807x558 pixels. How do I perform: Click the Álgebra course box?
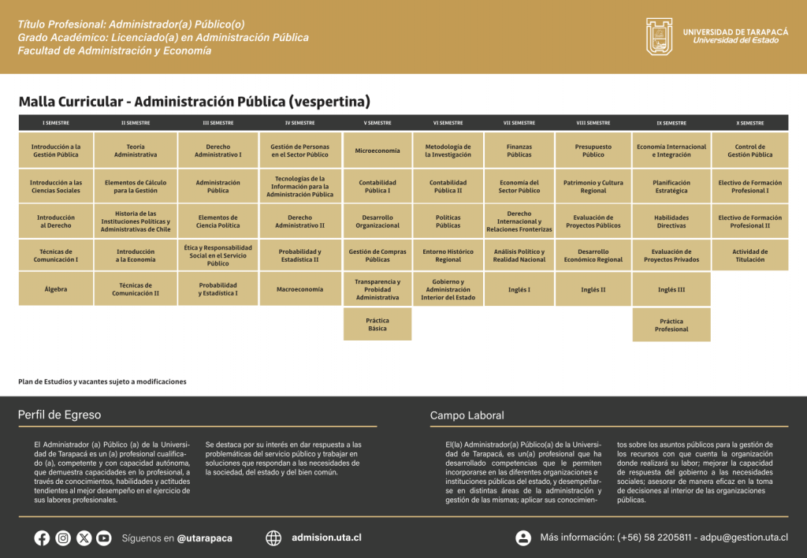tap(56, 289)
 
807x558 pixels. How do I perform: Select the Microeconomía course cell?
tap(377, 151)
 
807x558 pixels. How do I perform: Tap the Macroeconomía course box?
tap(299, 289)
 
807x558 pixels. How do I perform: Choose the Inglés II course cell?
tap(593, 289)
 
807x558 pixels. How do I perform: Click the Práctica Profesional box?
tap(671, 325)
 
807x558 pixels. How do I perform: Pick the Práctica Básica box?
tap(377, 324)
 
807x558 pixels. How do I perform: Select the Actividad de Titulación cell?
tap(749, 255)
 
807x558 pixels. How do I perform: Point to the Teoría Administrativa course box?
tap(136, 151)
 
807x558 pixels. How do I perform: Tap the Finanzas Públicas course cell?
tap(519, 151)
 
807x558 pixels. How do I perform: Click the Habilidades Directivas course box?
tap(671, 221)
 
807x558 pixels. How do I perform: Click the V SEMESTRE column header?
tap(377, 123)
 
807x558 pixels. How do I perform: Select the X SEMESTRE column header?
tap(749, 123)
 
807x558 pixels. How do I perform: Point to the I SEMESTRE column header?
tap(56, 123)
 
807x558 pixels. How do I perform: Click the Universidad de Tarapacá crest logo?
tap(660, 36)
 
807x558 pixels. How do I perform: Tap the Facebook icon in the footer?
tap(42, 538)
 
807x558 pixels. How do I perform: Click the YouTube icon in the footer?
tap(104, 538)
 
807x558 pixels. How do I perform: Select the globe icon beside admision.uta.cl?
tap(273, 538)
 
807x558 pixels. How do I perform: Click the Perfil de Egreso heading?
tap(60, 415)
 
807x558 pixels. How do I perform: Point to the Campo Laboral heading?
tap(467, 415)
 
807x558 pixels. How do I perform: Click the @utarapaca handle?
tap(204, 538)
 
